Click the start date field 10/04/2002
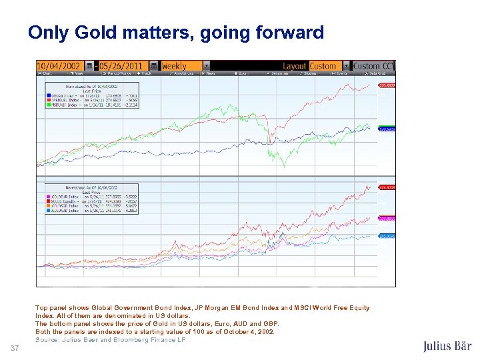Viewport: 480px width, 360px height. pyautogui.click(x=59, y=66)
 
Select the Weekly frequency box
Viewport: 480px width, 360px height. pyautogui.click(x=180, y=66)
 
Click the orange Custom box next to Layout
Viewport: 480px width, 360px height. pyautogui.click(x=323, y=66)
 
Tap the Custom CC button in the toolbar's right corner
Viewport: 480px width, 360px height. pyautogui.click(x=373, y=66)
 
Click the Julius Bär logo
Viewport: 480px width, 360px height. pyautogui.click(x=447, y=346)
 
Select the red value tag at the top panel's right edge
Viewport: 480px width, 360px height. pyautogui.click(x=387, y=86)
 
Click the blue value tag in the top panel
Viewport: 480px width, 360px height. pyautogui.click(x=387, y=129)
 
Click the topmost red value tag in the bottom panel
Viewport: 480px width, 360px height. pyautogui.click(x=387, y=187)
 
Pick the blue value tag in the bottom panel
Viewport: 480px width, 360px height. pyautogui.click(x=387, y=236)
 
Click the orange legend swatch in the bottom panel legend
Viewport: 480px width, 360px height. pyautogui.click(x=49, y=207)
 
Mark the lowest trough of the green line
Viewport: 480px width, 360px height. pyautogui.click(x=285, y=165)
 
